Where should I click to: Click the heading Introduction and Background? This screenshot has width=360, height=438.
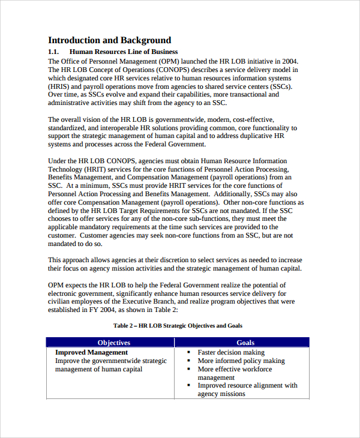point(109,40)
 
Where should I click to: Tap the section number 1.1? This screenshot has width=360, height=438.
point(56,52)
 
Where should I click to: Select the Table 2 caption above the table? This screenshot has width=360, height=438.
point(178,325)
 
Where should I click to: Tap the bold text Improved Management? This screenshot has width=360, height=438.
point(91,353)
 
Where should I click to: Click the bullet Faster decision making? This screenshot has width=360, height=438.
point(231,353)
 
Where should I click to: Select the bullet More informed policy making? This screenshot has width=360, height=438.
point(241,361)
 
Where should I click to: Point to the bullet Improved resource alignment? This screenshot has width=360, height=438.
point(247,386)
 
